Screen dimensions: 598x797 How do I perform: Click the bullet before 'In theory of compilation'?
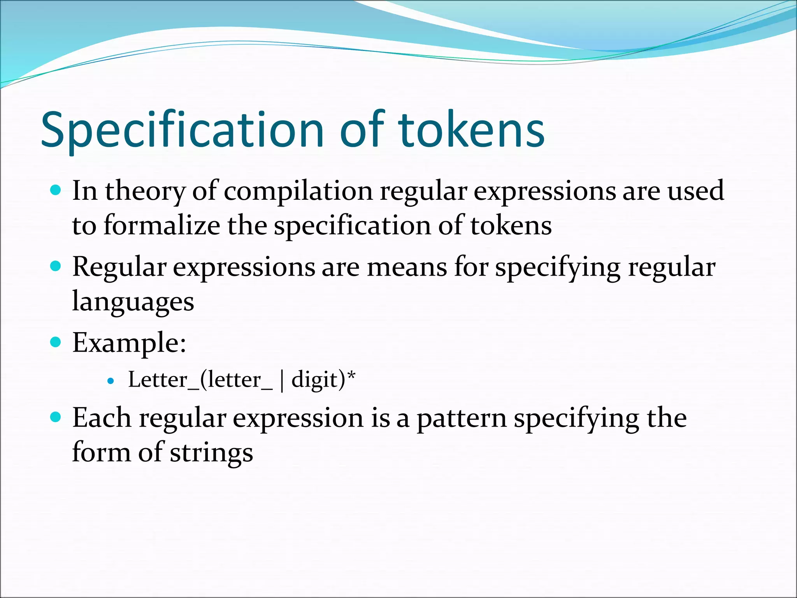[x=56, y=190]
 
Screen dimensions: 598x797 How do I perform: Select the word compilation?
[x=298, y=192]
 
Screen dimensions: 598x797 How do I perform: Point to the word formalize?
[x=162, y=226]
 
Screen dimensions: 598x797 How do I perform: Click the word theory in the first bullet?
[x=145, y=192]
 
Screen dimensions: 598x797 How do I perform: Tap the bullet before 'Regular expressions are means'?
[x=56, y=266]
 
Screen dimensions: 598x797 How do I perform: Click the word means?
[x=407, y=267]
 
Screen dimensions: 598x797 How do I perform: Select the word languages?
[x=133, y=302]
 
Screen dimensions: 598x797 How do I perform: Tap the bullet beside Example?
[x=56, y=342]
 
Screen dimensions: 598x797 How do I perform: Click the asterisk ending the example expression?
[x=351, y=376]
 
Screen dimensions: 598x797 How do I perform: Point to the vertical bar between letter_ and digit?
[x=282, y=381]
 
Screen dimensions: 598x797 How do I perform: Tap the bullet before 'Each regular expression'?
[x=56, y=417]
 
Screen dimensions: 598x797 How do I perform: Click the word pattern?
[x=461, y=419]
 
